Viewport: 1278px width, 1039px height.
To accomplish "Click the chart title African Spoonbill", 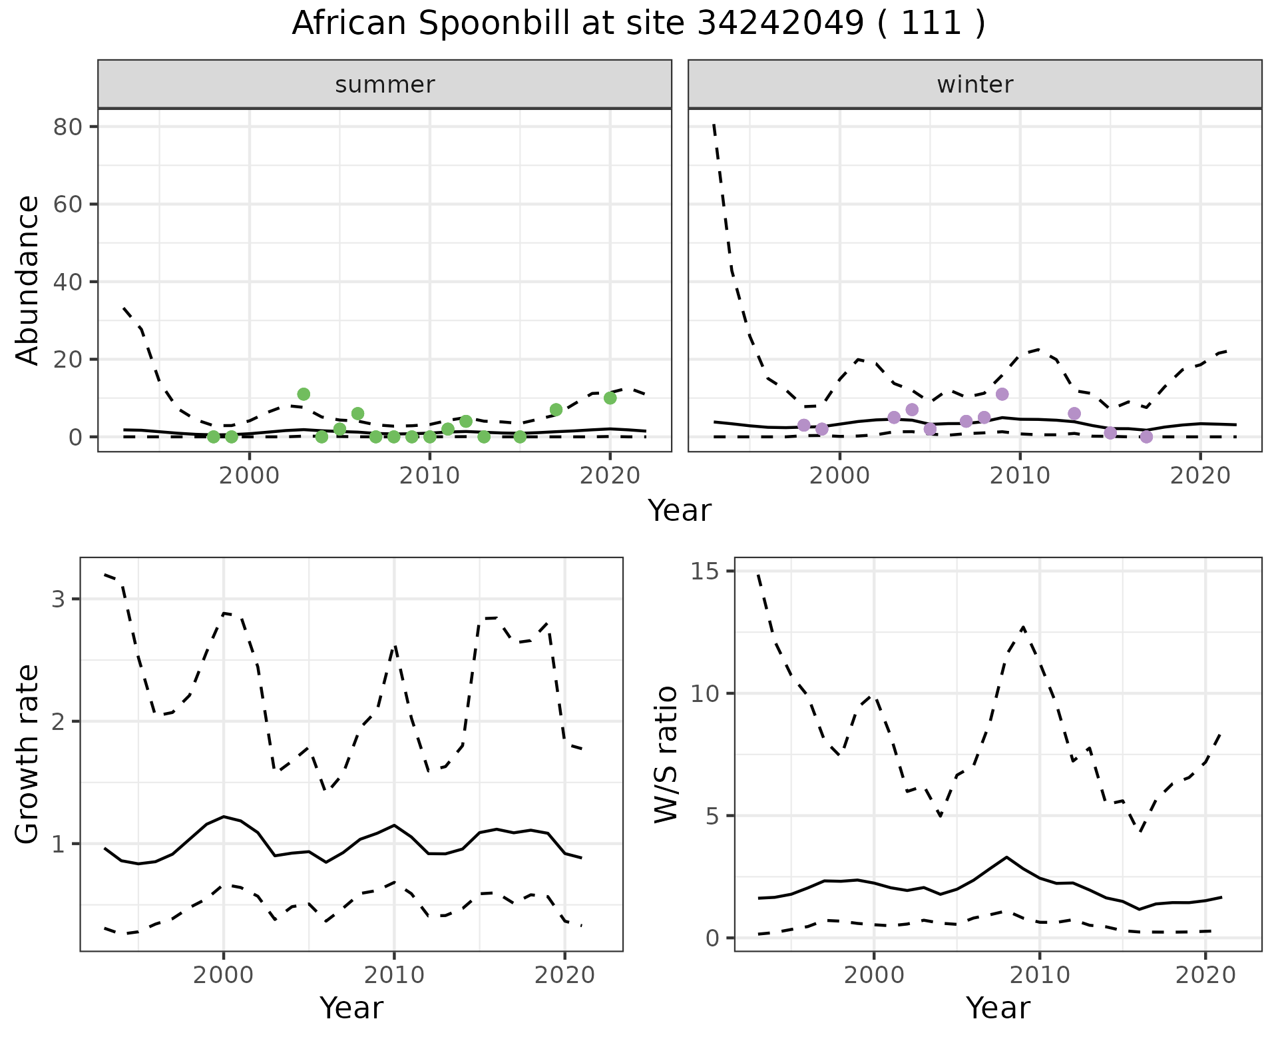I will pyautogui.click(x=638, y=24).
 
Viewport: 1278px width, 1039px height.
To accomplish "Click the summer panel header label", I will pyautogui.click(x=385, y=85).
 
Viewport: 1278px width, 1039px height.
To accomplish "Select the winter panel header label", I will pyautogui.click(x=974, y=85).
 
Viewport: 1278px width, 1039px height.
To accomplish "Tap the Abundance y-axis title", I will pyautogui.click(x=28, y=280).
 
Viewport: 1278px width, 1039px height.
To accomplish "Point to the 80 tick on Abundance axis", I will pyautogui.click(x=66, y=127).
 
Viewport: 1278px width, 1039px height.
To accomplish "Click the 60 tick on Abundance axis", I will pyautogui.click(x=66, y=204).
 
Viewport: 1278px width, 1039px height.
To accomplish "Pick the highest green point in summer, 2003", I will pyautogui.click(x=304, y=394).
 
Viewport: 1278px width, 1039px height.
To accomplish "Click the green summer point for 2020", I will pyautogui.click(x=610, y=398).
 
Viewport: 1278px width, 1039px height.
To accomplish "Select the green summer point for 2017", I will pyautogui.click(x=556, y=410).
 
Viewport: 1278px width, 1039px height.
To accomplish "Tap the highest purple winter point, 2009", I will pyautogui.click(x=1002, y=394).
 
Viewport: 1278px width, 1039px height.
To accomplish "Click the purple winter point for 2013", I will pyautogui.click(x=1074, y=414).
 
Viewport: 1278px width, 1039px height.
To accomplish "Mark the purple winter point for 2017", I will pyautogui.click(x=1146, y=437).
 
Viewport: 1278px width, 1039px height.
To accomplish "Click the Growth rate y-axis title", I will pyautogui.click(x=28, y=754).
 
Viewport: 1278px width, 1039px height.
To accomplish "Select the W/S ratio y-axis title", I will pyautogui.click(x=666, y=754).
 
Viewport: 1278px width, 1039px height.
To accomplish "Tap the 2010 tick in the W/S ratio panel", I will pyautogui.click(x=1040, y=976).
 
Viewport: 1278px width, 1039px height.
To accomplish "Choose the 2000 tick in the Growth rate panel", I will pyautogui.click(x=224, y=976).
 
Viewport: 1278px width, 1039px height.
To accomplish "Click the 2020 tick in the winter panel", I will pyautogui.click(x=1200, y=476).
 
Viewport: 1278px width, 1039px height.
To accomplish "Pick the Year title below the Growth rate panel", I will pyautogui.click(x=351, y=1008).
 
